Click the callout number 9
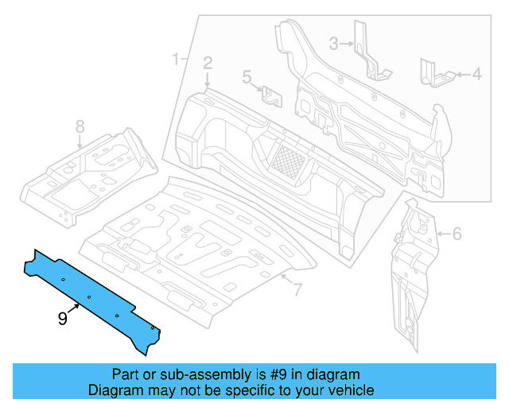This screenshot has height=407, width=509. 62,318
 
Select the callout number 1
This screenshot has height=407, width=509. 176,59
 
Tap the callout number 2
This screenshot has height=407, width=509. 208,63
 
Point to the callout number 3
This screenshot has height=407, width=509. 335,43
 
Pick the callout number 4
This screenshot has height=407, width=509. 476,75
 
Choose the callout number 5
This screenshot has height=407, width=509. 247,77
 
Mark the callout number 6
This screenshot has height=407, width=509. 457,234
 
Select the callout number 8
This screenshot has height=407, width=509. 80,126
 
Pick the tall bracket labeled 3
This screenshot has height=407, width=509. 367,52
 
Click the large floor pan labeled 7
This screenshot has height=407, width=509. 191,246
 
